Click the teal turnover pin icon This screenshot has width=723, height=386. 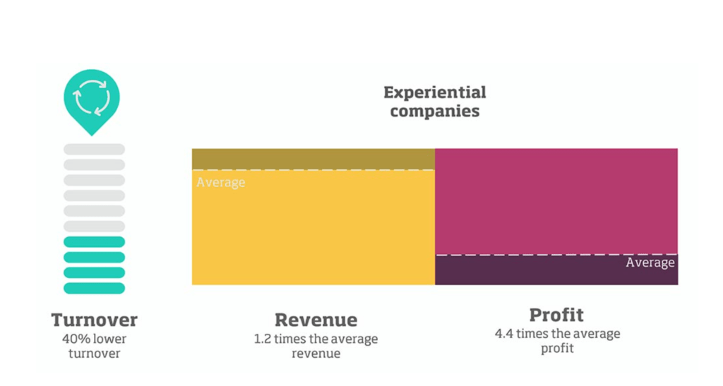pyautogui.click(x=92, y=99)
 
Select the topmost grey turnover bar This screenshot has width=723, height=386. pyautogui.click(x=94, y=150)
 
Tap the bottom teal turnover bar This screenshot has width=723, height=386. pyautogui.click(x=94, y=288)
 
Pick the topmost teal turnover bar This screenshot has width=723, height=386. pyautogui.click(x=94, y=242)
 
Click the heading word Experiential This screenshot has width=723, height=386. pyautogui.click(x=434, y=92)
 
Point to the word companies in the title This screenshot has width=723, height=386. pyautogui.click(x=434, y=111)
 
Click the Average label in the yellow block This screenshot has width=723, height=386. pyautogui.click(x=221, y=183)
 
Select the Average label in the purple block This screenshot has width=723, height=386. pyautogui.click(x=650, y=263)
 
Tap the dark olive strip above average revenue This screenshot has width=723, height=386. pyautogui.click(x=313, y=159)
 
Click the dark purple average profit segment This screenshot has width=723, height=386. pyautogui.click(x=530, y=270)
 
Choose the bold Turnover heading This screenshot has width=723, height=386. pyautogui.click(x=94, y=320)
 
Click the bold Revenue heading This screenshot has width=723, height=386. pyautogui.click(x=316, y=320)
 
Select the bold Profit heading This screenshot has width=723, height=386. pyautogui.click(x=556, y=315)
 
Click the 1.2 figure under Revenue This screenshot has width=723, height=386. pyautogui.click(x=263, y=339)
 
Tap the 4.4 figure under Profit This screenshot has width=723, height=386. pyautogui.click(x=504, y=333)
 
